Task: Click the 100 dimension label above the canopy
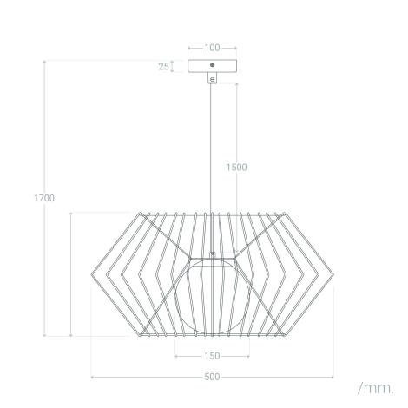click(x=213, y=48)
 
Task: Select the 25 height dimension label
click(x=163, y=66)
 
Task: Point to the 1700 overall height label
click(x=22, y=198)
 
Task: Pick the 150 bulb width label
click(x=211, y=356)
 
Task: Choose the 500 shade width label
click(x=212, y=378)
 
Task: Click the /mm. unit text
click(x=375, y=386)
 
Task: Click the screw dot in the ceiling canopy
click(x=213, y=65)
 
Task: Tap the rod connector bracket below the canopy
click(x=213, y=78)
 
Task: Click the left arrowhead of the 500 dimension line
click(x=92, y=378)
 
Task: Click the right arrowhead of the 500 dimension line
click(x=333, y=378)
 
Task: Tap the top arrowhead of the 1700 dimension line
click(x=45, y=61)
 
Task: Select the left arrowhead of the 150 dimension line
click(x=176, y=356)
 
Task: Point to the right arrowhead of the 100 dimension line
click(x=236, y=48)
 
